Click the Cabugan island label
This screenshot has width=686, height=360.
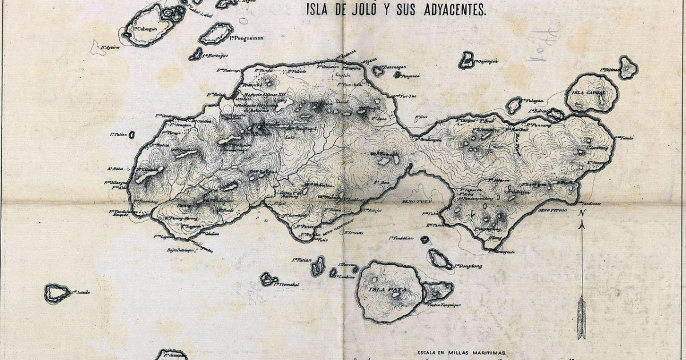tap(143, 28)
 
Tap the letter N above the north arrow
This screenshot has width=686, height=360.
tap(581, 213)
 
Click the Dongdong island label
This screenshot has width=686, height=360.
tap(469, 266)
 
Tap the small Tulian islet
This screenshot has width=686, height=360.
tap(132, 135)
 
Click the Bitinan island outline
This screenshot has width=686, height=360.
tap(628, 68)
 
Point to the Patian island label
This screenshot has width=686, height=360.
tap(301, 260)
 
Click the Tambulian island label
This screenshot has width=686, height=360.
tap(402, 238)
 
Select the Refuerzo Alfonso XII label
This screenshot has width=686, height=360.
tap(262, 94)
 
